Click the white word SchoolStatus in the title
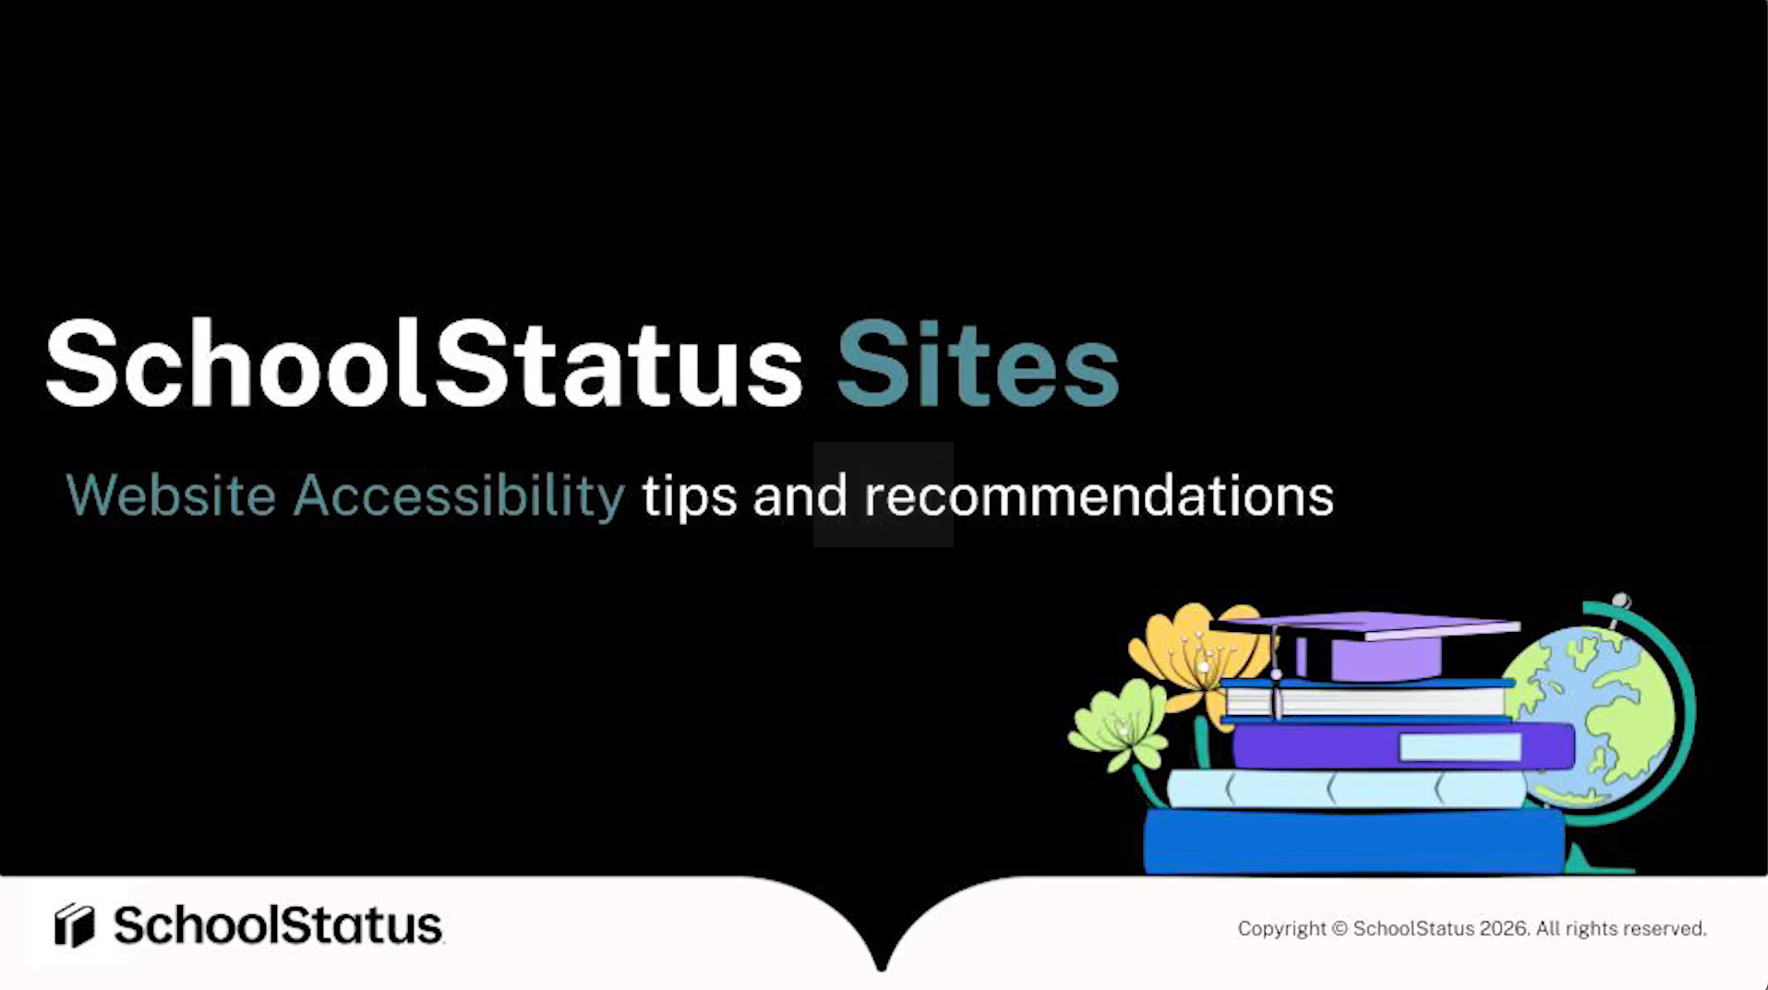(424, 364)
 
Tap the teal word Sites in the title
(977, 364)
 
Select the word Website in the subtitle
(171, 495)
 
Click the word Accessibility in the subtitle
(459, 495)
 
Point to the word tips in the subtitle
(689, 496)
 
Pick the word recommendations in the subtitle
(1099, 495)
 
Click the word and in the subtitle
(800, 495)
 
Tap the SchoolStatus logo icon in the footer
(74, 924)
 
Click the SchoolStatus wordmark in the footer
(277, 924)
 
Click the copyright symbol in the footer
(1340, 929)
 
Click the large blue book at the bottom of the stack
(1353, 841)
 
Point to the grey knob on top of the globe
(1620, 602)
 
